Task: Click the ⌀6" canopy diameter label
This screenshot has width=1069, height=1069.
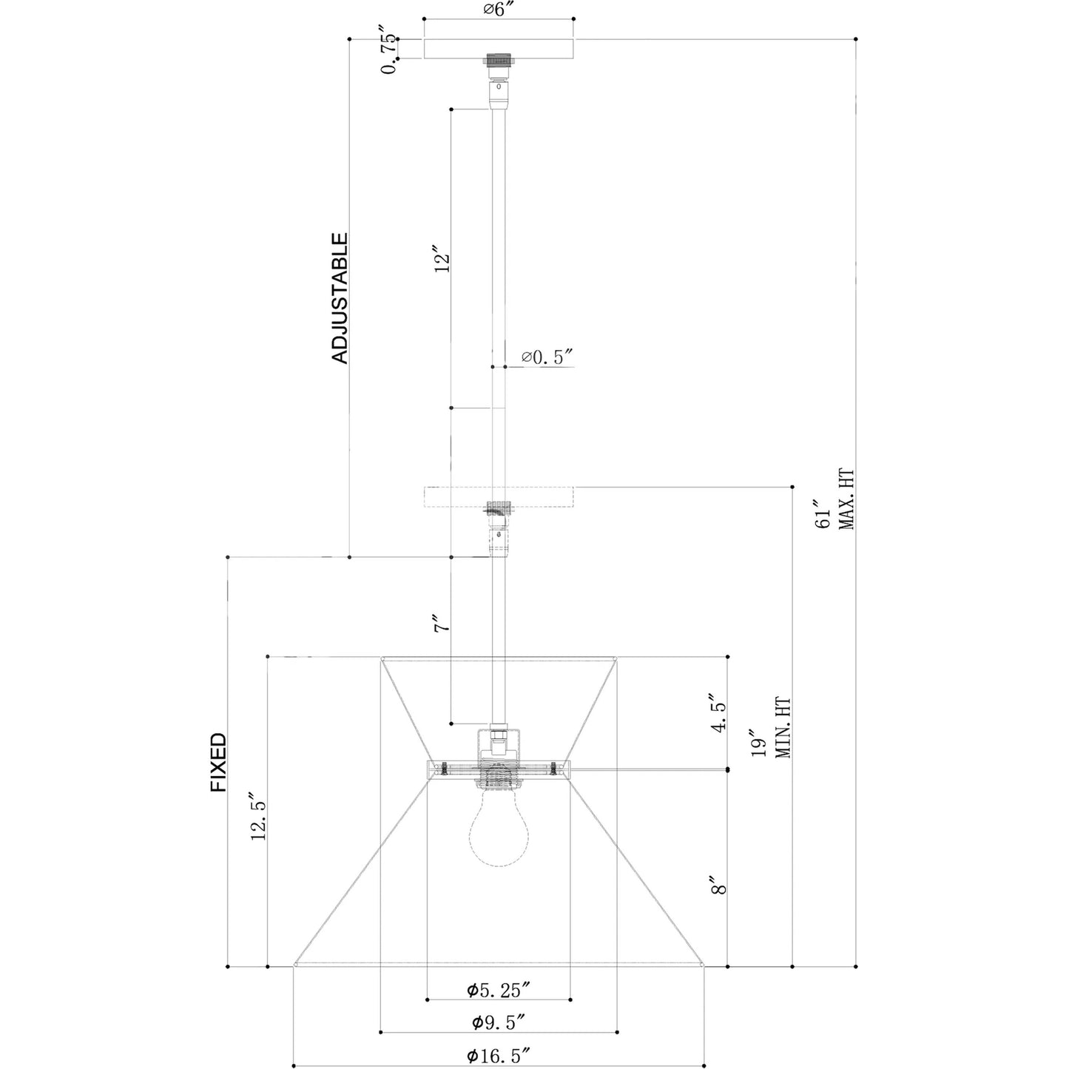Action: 498,9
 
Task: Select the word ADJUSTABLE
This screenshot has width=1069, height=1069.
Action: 340,298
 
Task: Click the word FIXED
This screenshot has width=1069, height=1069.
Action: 218,762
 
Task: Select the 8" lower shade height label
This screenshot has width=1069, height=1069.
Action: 719,885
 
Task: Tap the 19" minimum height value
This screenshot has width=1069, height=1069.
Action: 758,743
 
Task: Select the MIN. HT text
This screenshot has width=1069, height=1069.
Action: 782,728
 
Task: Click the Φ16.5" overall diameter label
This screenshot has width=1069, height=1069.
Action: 498,1055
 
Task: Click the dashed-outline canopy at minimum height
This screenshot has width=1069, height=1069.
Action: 500,497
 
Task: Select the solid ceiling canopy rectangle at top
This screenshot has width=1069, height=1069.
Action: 499,49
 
